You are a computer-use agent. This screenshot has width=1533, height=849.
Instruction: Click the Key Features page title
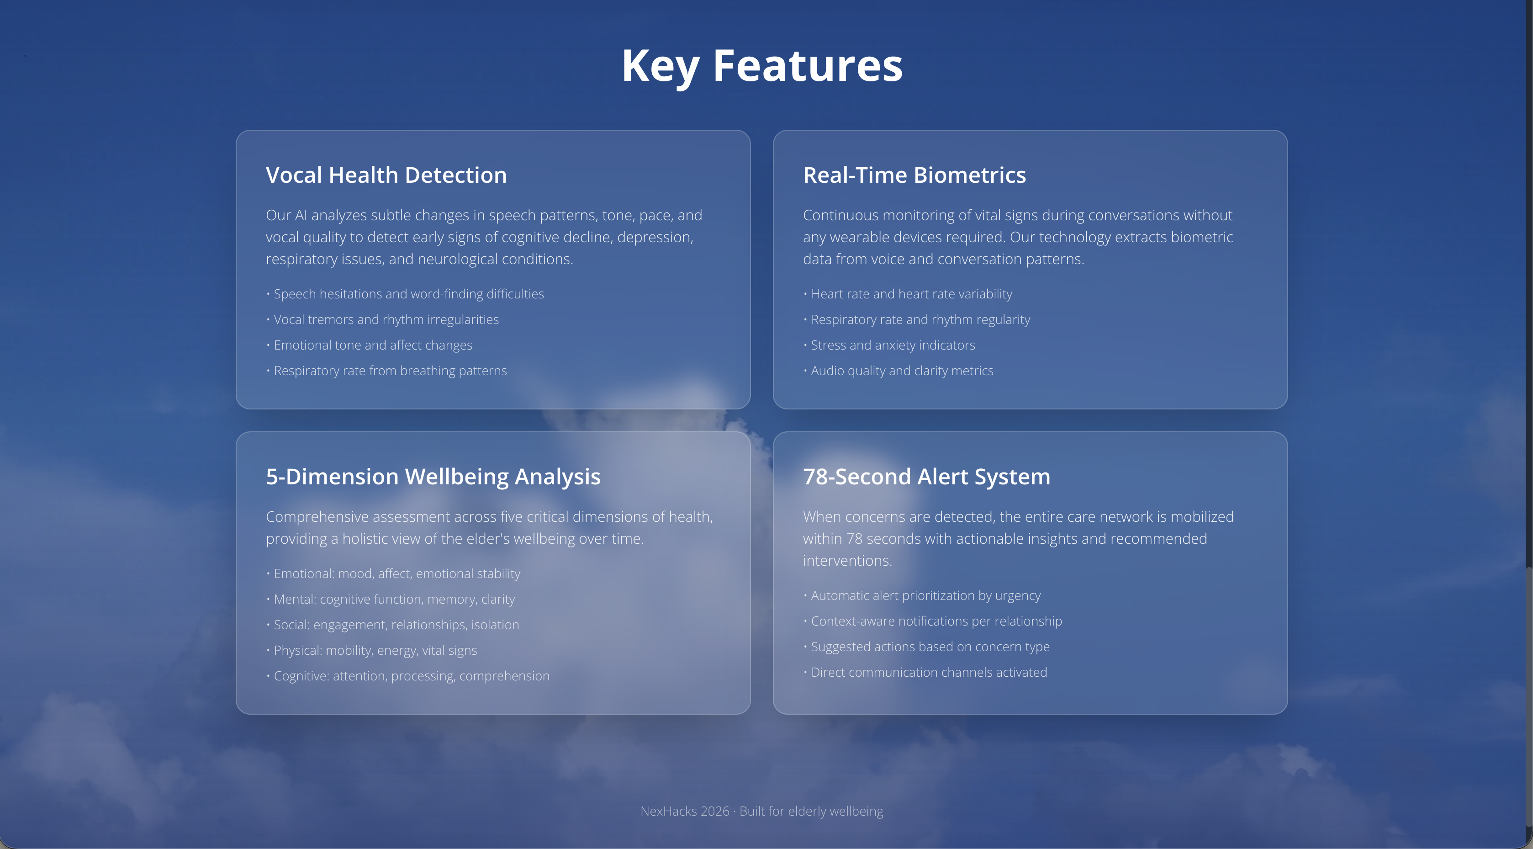[x=762, y=67]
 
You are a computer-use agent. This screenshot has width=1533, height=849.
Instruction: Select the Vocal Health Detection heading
[x=386, y=175]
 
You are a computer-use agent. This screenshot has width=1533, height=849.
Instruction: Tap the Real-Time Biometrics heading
[x=914, y=175]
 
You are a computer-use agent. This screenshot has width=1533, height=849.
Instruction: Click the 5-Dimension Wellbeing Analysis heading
[x=433, y=477]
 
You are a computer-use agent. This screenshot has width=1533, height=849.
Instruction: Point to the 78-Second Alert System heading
[x=926, y=477]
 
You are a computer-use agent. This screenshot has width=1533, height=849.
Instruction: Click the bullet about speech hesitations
[x=405, y=294]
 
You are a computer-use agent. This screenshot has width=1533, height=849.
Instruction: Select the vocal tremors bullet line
[x=383, y=320]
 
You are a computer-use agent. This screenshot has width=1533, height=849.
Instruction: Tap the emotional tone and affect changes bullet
[x=370, y=345]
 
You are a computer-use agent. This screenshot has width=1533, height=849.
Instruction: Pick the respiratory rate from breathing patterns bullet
[x=387, y=371]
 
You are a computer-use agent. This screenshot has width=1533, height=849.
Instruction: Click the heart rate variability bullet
[x=908, y=294]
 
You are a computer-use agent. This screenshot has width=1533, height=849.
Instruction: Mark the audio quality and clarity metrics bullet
[x=898, y=371]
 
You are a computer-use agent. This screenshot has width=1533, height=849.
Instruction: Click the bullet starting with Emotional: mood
[x=393, y=574]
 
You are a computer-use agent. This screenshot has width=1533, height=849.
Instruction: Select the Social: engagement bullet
[x=393, y=625]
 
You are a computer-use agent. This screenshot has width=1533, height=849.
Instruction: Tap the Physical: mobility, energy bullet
[x=372, y=651]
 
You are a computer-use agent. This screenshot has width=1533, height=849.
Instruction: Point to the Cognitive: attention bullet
[x=408, y=676]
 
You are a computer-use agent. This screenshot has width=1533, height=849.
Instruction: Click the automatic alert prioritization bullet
[x=922, y=596]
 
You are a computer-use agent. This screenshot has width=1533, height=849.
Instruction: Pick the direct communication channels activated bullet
[x=925, y=673]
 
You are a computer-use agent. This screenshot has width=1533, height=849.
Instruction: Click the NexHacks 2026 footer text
[x=762, y=812]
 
